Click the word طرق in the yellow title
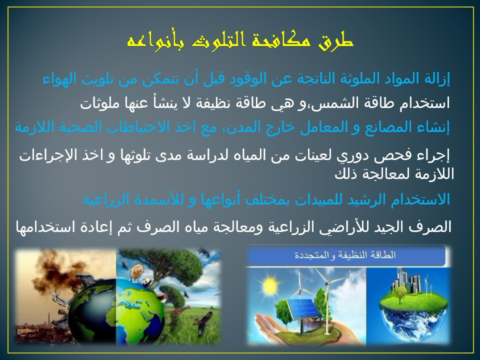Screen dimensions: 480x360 (x=336, y=41)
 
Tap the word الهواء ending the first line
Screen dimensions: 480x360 (x=59, y=79)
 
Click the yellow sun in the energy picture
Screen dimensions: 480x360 (x=269, y=286)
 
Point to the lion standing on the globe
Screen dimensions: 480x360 (x=136, y=272)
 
